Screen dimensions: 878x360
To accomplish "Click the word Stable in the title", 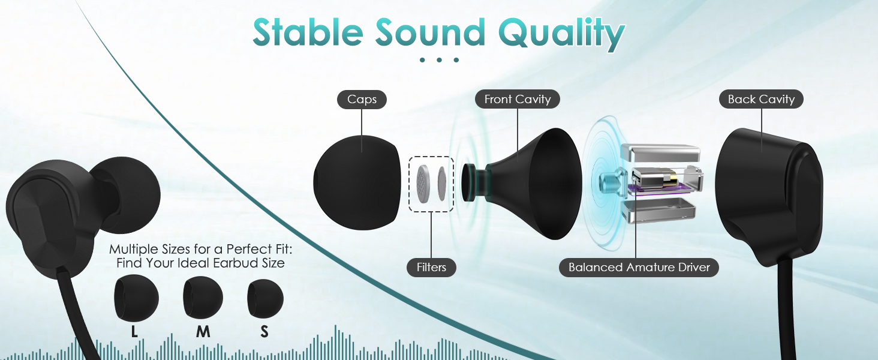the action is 308,32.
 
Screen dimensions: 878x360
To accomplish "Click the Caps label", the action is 362,100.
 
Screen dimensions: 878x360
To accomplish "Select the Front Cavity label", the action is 518,99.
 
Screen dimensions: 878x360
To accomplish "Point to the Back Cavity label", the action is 761,99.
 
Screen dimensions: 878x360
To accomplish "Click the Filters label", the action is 431,268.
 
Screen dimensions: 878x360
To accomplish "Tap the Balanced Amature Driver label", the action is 639,268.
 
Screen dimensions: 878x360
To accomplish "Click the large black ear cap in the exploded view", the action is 357,183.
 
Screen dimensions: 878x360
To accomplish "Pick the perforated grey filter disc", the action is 423,184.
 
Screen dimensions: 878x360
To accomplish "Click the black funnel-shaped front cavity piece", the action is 525,184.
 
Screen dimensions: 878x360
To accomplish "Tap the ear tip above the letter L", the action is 136,298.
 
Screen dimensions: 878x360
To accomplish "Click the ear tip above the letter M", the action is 203,298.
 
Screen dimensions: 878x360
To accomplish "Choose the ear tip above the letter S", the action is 265,298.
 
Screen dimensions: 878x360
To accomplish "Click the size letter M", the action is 203,332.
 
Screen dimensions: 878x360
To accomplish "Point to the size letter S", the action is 264,332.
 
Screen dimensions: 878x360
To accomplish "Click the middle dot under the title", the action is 439,60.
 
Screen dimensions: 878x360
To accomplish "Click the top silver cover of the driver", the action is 660,152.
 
